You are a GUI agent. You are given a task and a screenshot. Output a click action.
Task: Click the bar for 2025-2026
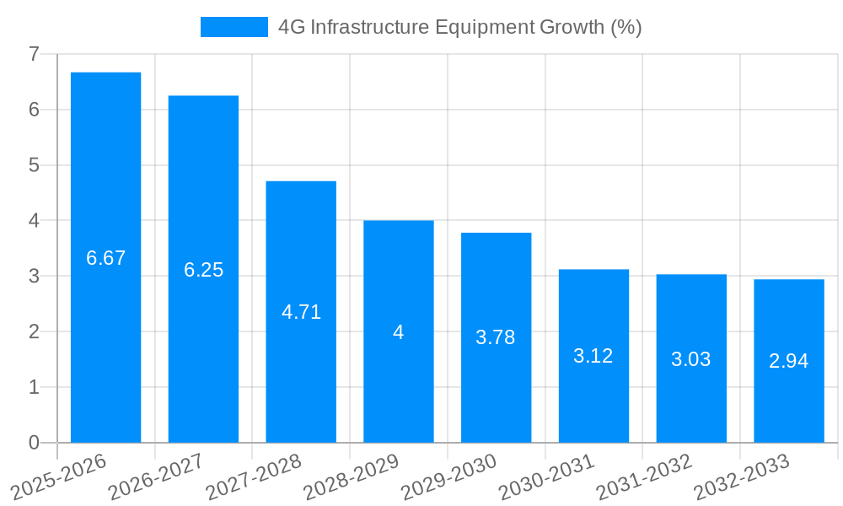(105, 257)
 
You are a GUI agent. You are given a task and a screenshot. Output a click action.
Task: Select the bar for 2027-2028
(301, 311)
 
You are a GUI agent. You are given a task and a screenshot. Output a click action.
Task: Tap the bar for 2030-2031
(593, 356)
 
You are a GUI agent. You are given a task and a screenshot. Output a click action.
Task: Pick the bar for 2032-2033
(789, 361)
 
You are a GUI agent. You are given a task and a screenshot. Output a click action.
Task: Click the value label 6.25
(203, 270)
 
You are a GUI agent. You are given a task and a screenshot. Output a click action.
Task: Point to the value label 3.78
(496, 337)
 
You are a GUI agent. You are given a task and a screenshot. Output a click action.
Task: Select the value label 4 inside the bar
(399, 332)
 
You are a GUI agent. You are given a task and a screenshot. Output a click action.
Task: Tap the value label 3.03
(691, 359)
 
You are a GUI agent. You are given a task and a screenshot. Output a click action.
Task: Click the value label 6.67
(105, 258)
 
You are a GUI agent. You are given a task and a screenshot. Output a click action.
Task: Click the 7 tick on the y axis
(34, 54)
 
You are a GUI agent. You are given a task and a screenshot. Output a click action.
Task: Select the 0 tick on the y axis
(34, 443)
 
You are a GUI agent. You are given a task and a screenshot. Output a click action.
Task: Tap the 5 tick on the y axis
(34, 165)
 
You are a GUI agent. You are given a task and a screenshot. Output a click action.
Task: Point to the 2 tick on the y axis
(34, 331)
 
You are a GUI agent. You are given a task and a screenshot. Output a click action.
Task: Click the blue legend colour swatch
(234, 27)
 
